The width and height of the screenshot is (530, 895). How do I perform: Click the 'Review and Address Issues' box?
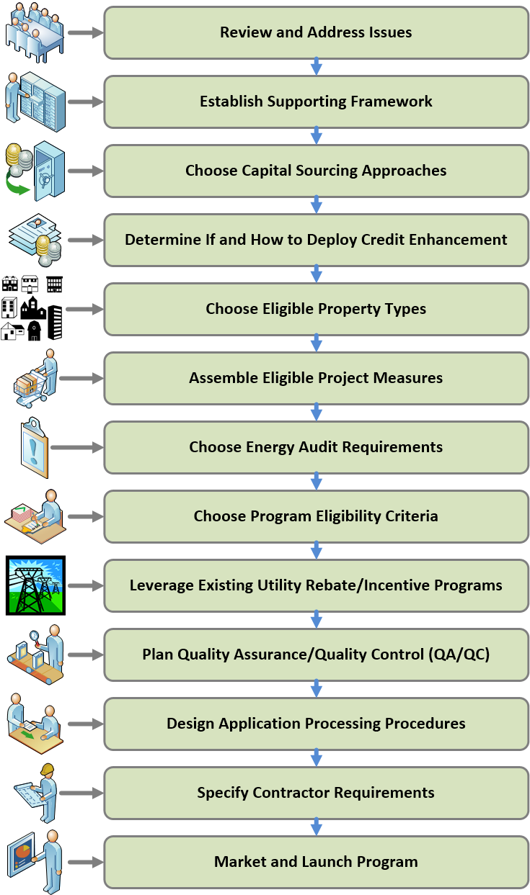tap(317, 33)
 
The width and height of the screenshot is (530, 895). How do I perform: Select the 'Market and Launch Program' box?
tap(317, 862)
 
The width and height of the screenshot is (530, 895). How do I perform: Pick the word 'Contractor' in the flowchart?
tap(291, 793)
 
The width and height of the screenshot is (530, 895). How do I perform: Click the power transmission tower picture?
tap(35, 585)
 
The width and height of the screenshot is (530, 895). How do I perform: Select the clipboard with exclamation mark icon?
tap(35, 448)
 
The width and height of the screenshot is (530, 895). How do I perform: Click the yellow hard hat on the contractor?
tap(48, 769)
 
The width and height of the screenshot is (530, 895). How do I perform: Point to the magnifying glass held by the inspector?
tap(35, 637)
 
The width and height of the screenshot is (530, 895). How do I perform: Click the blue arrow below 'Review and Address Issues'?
tap(317, 66)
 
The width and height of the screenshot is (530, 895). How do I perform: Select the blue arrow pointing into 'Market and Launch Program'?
tap(317, 827)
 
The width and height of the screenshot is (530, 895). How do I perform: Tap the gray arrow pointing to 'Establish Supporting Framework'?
tap(86, 102)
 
